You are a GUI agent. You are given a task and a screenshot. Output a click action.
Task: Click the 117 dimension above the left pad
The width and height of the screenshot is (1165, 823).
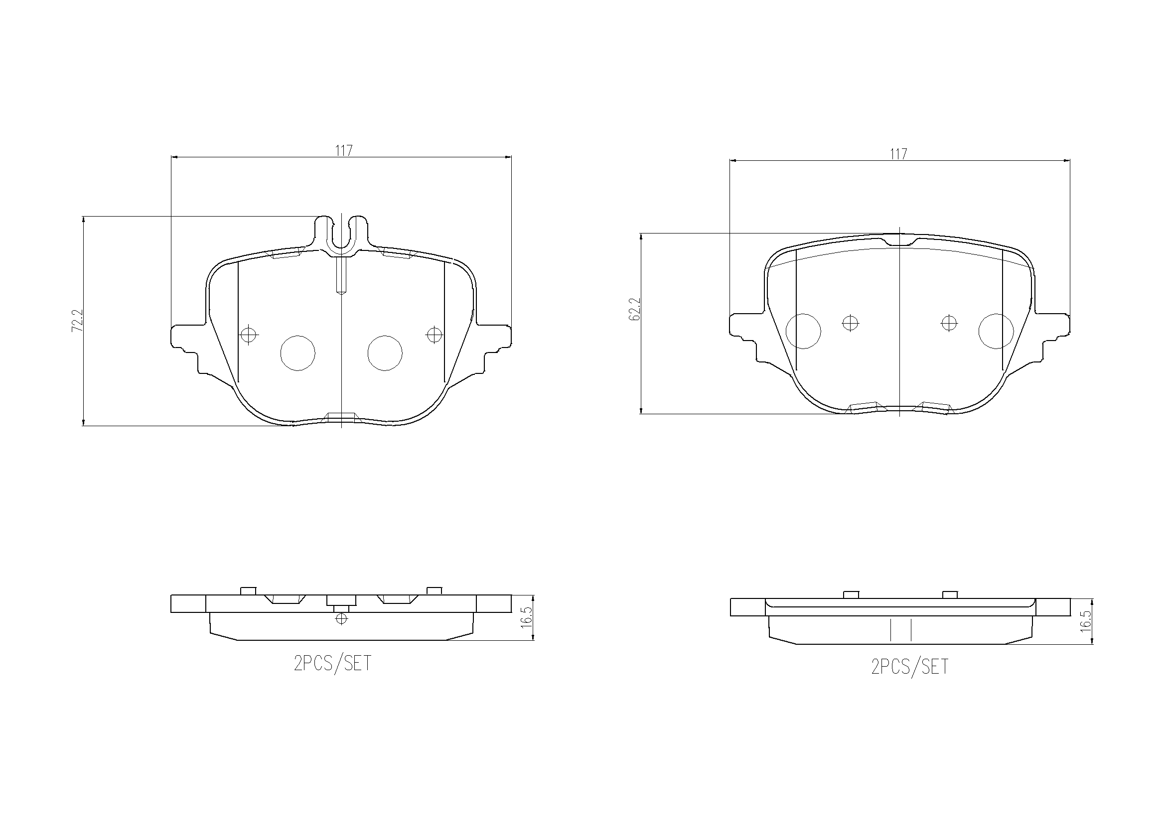[x=343, y=150]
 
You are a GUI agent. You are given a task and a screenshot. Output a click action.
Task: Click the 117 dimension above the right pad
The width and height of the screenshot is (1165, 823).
[x=898, y=154]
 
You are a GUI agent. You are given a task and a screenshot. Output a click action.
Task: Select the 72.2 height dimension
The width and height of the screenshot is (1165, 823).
[x=77, y=321]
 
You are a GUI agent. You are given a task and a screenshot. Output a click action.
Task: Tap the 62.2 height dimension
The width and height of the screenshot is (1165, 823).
[x=635, y=309]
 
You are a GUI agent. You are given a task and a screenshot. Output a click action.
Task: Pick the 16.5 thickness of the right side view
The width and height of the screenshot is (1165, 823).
[x=1085, y=622]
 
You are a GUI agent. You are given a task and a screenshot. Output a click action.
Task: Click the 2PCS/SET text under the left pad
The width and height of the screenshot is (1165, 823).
[x=332, y=663]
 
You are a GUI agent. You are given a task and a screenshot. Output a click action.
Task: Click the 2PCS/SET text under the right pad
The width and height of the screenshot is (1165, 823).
[x=909, y=667]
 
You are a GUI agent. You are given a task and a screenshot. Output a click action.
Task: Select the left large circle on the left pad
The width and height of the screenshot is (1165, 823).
[x=298, y=353]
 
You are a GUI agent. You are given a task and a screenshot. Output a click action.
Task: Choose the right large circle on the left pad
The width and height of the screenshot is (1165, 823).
[x=385, y=353]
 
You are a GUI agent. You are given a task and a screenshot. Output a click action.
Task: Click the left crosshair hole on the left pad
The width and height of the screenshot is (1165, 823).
[x=248, y=335]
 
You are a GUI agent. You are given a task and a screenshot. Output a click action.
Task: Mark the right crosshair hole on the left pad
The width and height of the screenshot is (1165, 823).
[x=435, y=335]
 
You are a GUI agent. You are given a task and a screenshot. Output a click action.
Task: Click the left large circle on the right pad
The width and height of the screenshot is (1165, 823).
[x=803, y=331]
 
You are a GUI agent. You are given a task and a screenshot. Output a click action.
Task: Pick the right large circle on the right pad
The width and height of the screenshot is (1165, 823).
[x=996, y=331]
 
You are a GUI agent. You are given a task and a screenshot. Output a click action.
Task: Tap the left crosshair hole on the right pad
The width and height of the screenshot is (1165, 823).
[x=850, y=323]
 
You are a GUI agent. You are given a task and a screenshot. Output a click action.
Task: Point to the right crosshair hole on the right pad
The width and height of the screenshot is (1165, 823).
[x=949, y=323]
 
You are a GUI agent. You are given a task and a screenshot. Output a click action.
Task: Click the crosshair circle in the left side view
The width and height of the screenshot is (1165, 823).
[x=341, y=619]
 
